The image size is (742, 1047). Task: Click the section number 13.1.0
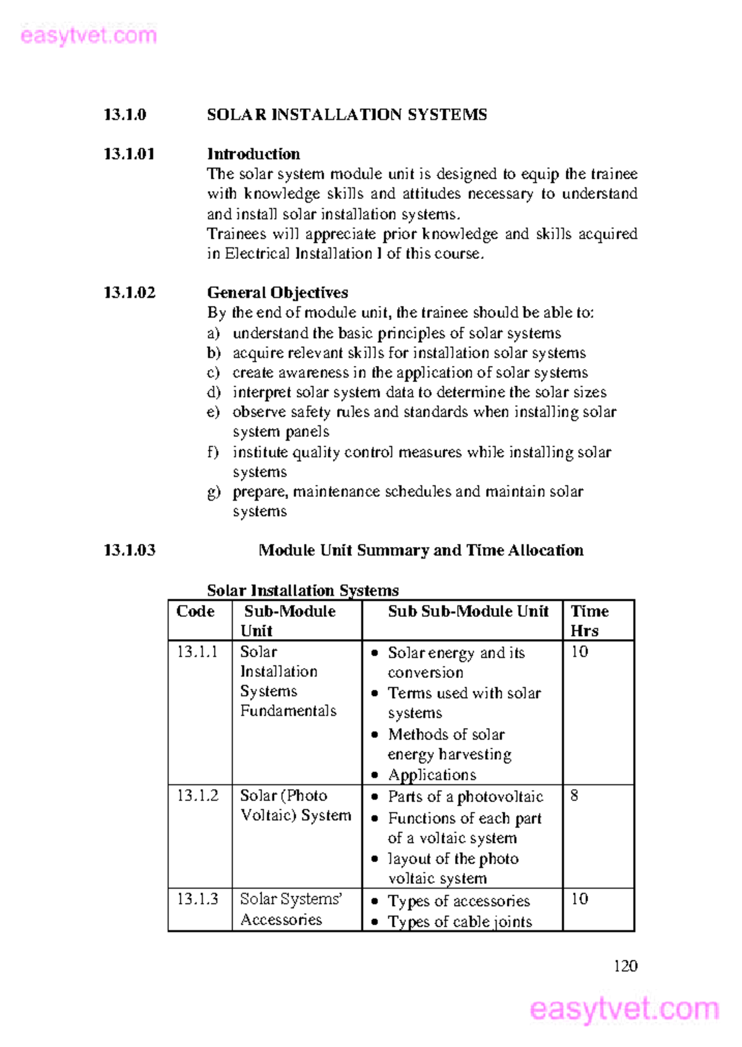[125, 115]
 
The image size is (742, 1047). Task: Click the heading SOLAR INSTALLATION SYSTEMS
[346, 115]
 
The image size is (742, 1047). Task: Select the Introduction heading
[253, 154]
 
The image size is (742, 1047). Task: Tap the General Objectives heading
[277, 292]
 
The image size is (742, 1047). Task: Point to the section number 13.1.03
[129, 550]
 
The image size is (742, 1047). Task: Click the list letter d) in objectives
[213, 392]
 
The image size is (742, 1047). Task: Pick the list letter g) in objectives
[213, 492]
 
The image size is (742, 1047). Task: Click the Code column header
[195, 611]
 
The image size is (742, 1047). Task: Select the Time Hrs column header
[589, 621]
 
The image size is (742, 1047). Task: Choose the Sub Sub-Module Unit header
[467, 611]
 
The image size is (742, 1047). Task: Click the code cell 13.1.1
[197, 652]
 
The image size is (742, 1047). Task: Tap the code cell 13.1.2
[197, 795]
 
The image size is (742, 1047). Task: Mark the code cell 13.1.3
[197, 899]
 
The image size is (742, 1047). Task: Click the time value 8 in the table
[574, 795]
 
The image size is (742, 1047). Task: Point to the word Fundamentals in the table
[288, 711]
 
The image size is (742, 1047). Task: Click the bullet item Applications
[432, 775]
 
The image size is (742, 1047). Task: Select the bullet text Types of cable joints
[459, 922]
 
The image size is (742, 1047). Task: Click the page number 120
[625, 966]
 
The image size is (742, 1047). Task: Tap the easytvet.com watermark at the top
[88, 35]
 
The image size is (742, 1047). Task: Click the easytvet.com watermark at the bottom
[625, 1009]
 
